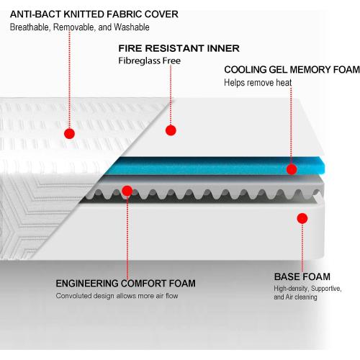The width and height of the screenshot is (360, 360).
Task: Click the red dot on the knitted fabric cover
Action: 70,133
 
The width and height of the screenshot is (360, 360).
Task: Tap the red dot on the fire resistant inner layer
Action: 171,130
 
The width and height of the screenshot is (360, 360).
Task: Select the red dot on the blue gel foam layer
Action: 292,169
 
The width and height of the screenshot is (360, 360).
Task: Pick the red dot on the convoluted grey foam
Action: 127,191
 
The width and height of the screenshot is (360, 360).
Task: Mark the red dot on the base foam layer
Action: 302,218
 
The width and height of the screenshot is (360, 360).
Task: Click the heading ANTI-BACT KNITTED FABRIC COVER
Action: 94,14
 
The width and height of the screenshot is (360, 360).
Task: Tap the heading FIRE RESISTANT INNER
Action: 179,48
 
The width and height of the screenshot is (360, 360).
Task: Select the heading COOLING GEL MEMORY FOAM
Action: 292,70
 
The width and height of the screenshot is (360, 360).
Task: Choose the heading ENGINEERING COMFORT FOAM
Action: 125,284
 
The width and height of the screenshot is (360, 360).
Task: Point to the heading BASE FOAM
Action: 302,276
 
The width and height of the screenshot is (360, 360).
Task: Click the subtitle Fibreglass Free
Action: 149,60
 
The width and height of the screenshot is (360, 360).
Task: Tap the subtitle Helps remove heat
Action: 258,83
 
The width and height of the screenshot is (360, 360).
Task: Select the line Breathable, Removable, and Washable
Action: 79,27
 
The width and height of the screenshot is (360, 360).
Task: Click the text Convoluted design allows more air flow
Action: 117,296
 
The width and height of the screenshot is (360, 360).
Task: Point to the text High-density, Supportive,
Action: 307,288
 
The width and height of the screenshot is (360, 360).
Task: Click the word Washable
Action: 132,27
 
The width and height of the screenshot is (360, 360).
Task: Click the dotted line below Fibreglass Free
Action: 171,95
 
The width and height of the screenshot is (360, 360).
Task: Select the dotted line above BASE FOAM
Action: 302,248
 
